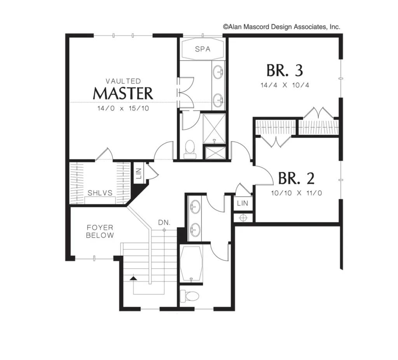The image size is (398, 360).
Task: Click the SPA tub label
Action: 202,49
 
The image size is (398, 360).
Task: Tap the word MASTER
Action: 123,93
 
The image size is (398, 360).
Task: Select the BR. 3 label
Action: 285,70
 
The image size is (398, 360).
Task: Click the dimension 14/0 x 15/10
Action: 123,108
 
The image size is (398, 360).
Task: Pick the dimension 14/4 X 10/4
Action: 285,85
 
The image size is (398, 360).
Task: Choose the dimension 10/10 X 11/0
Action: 297,193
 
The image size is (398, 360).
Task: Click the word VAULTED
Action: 123,81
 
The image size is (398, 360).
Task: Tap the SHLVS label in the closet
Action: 100,193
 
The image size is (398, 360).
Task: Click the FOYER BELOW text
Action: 100,231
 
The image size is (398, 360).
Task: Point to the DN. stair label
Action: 164,223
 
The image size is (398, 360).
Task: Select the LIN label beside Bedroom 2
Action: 243,203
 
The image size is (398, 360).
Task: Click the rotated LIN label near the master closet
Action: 139,173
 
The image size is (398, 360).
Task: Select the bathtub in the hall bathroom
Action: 191,263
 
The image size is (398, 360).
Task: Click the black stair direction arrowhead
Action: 133,278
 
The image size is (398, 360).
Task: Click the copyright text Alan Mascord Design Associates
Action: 281,27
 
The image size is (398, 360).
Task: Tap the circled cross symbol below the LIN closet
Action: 243,218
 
